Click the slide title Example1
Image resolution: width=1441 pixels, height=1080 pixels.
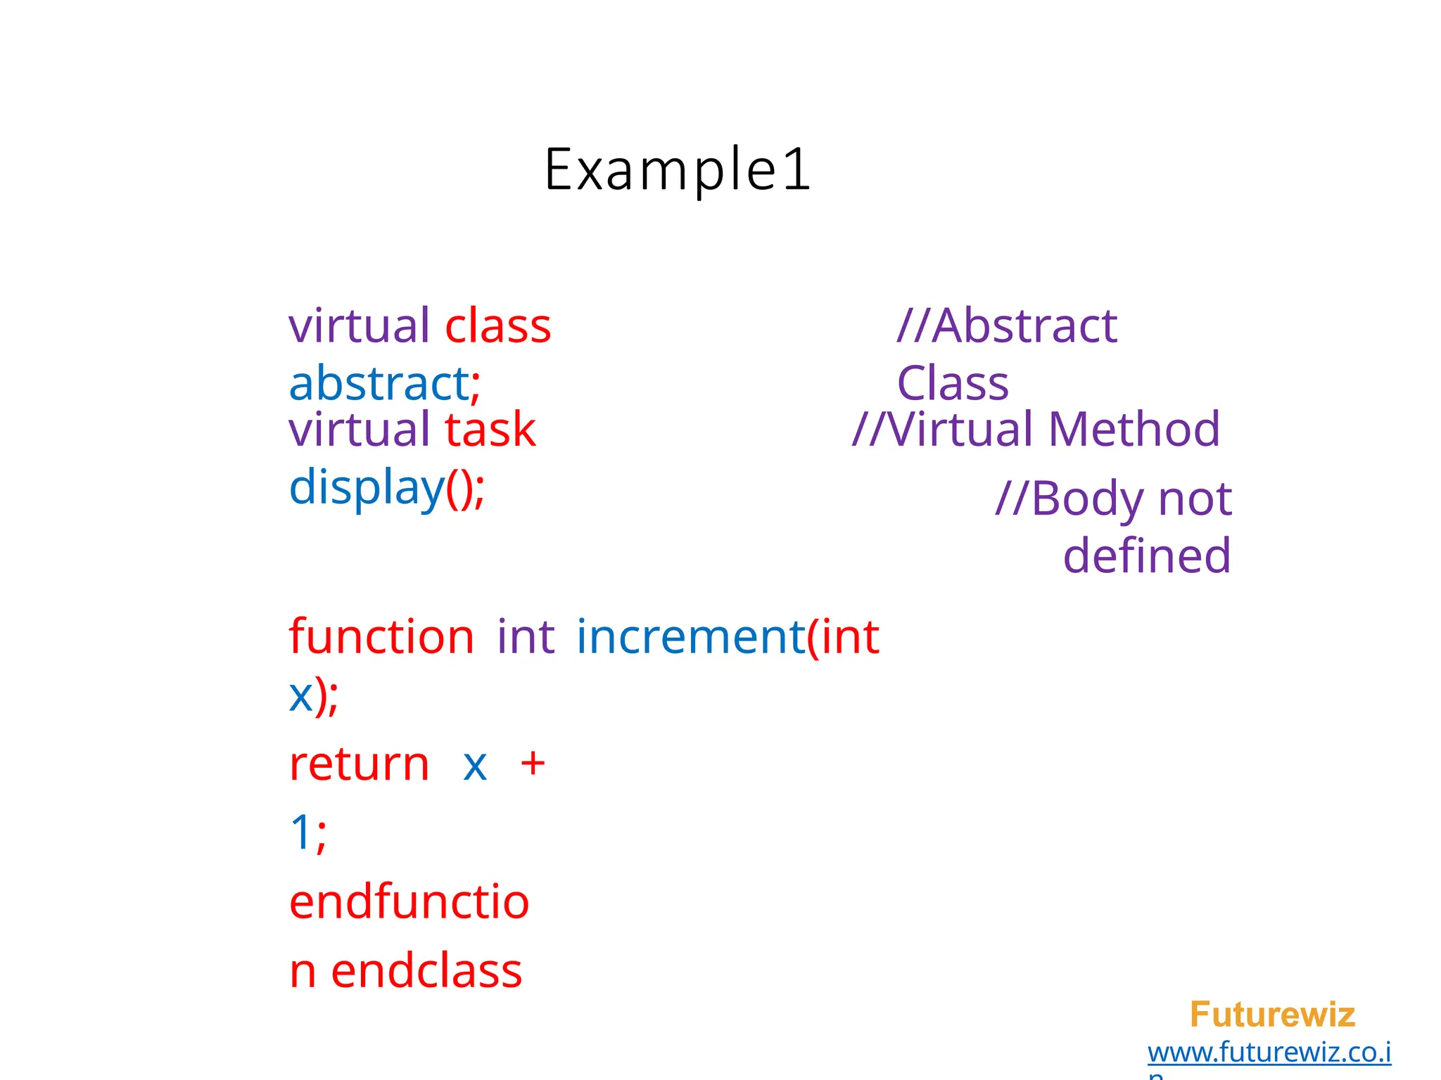(x=678, y=169)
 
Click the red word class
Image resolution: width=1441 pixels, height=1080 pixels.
(x=497, y=326)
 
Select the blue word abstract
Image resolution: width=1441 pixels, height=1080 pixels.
(x=379, y=384)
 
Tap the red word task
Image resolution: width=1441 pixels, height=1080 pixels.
(x=490, y=430)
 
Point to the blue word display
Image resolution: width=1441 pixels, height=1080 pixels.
(x=366, y=488)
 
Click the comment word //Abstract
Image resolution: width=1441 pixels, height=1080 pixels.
(x=1006, y=326)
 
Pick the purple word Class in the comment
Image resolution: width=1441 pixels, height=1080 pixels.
(x=952, y=384)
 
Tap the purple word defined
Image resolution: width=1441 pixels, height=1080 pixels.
(x=1146, y=556)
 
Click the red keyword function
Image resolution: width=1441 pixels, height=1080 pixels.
(x=381, y=637)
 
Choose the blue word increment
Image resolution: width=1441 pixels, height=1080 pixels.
(x=690, y=637)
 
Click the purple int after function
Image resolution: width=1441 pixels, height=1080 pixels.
(x=526, y=637)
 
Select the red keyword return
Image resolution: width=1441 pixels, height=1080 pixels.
(x=359, y=764)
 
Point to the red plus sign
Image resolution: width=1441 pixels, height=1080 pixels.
(x=533, y=763)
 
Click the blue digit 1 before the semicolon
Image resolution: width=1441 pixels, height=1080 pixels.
(x=300, y=832)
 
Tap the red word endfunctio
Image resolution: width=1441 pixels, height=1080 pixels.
(x=409, y=902)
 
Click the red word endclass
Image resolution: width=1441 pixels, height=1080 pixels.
(x=426, y=971)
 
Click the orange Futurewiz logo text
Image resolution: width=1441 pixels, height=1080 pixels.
(x=1271, y=1015)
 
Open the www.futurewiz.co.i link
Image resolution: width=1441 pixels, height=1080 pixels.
(x=1269, y=1053)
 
